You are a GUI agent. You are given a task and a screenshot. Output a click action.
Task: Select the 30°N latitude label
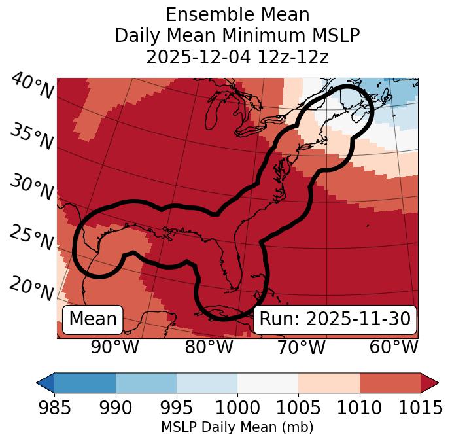coord(31,187)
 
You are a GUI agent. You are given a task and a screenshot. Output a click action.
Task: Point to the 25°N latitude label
coord(31,238)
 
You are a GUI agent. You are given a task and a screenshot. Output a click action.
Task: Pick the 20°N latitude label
coord(31,287)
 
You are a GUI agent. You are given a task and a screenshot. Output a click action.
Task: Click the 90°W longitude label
coord(115,347)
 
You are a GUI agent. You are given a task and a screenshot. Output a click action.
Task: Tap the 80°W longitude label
coord(209,347)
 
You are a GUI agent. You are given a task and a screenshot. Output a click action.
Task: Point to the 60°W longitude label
coord(394,347)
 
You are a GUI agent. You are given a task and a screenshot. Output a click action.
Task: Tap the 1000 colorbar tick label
coord(237,408)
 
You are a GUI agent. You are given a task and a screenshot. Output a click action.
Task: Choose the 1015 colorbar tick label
coord(420,408)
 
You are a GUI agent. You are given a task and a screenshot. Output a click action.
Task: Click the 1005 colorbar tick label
coord(298,408)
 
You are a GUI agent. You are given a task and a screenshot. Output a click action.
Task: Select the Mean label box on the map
coord(93,319)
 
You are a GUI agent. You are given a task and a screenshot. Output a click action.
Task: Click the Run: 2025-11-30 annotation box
coord(335,319)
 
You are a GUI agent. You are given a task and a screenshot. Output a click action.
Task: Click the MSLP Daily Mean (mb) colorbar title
coord(237,427)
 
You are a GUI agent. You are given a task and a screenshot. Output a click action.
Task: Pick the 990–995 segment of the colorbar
coord(146,382)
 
